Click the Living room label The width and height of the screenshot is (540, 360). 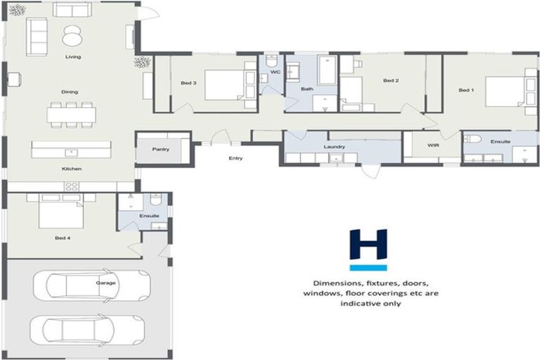point(72,56)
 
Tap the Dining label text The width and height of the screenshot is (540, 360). point(70,92)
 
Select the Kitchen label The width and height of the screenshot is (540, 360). point(72,169)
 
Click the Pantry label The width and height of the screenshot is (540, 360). point(162,150)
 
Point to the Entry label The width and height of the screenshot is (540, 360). point(236,158)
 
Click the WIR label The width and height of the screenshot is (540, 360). point(434,145)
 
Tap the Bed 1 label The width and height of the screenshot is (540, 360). point(466,90)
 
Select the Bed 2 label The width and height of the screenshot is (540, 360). point(391,81)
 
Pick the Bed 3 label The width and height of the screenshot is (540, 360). point(188,83)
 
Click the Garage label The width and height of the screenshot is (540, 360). point(106,283)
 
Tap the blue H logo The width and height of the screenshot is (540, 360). point(368,249)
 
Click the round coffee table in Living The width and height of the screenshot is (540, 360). point(72,35)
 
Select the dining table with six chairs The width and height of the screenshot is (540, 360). point(72,114)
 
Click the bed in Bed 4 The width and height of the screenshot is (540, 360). point(60,212)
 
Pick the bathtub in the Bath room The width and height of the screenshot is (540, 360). point(327,70)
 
